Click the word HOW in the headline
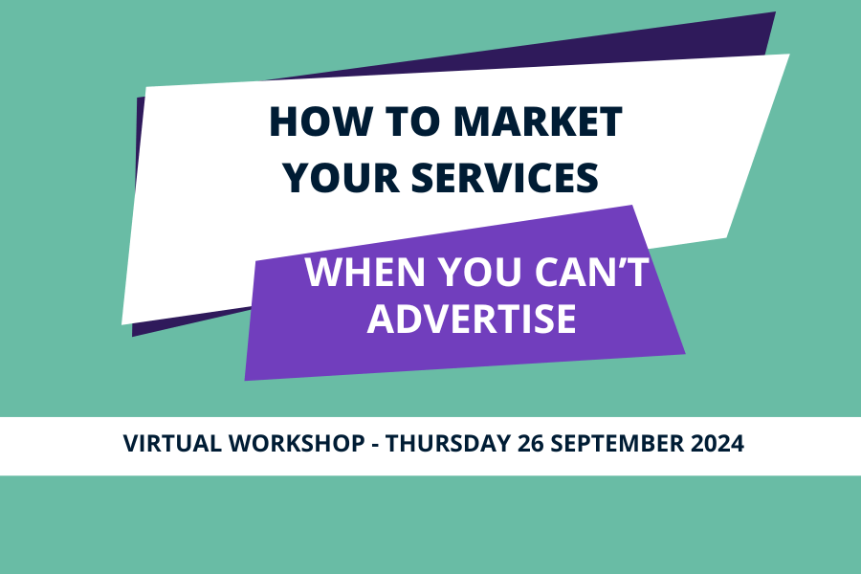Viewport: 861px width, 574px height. (320, 121)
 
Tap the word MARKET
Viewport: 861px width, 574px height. (538, 121)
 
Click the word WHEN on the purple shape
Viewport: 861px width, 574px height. (365, 272)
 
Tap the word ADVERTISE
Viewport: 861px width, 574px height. (472, 319)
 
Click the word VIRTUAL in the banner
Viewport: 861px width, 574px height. (172, 443)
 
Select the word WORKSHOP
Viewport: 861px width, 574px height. (297, 443)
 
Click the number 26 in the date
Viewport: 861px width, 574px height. (530, 443)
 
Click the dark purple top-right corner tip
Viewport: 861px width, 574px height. (775, 12)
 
